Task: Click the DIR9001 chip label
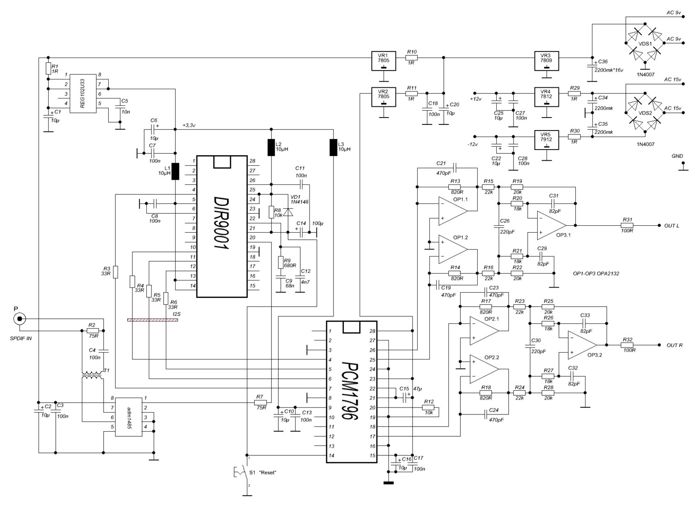tap(222, 223)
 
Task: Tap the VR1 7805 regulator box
tap(384, 61)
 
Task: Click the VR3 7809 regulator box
tap(546, 61)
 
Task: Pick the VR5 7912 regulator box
tap(546, 140)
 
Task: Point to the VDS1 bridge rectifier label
tap(645, 44)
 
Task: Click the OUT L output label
tap(671, 226)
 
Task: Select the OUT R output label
tap(674, 345)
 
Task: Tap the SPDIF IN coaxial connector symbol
tap(20, 319)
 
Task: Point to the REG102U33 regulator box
tap(82, 93)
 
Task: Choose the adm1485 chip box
tap(129, 417)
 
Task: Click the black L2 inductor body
tap(271, 147)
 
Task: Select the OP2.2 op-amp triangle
tap(484, 369)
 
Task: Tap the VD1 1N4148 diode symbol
tap(289, 212)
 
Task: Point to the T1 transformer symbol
tap(92, 375)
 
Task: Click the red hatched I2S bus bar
tap(153, 320)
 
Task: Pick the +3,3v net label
tap(189, 125)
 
